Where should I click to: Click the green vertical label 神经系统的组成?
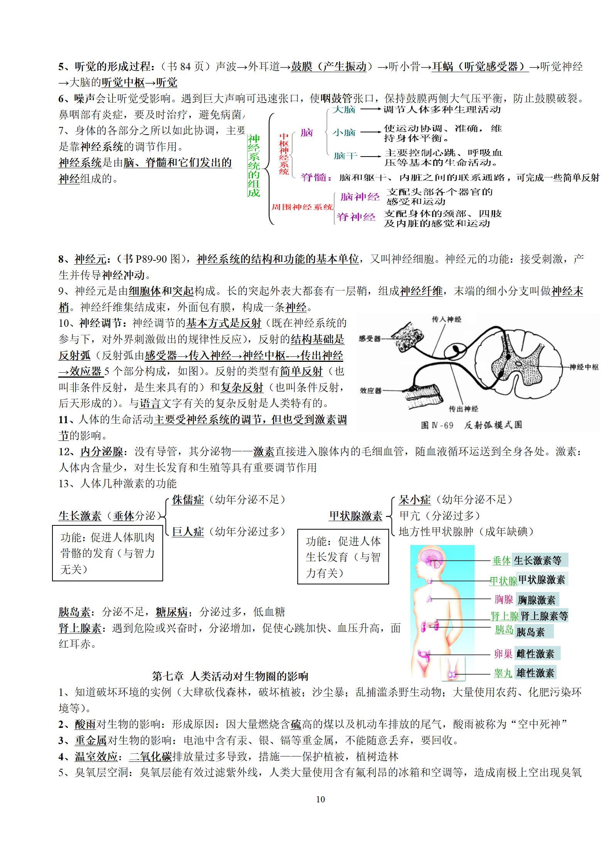[253, 165]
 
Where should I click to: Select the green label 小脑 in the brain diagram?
[344, 133]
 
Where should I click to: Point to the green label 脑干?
[346, 156]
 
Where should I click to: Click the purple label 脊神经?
[356, 217]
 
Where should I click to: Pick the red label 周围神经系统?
[302, 207]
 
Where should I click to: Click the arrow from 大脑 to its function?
[370, 110]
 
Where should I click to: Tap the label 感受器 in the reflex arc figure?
[369, 339]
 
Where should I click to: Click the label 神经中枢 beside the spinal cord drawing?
[584, 367]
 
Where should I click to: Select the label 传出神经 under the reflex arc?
[464, 409]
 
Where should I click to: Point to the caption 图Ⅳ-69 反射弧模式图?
[471, 425]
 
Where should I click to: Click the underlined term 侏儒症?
[188, 500]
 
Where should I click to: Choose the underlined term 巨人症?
[188, 532]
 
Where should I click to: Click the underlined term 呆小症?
[415, 500]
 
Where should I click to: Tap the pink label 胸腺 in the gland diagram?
[504, 599]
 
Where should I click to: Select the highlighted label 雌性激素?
[536, 654]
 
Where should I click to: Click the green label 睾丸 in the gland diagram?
[503, 673]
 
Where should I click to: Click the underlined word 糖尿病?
[172, 612]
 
